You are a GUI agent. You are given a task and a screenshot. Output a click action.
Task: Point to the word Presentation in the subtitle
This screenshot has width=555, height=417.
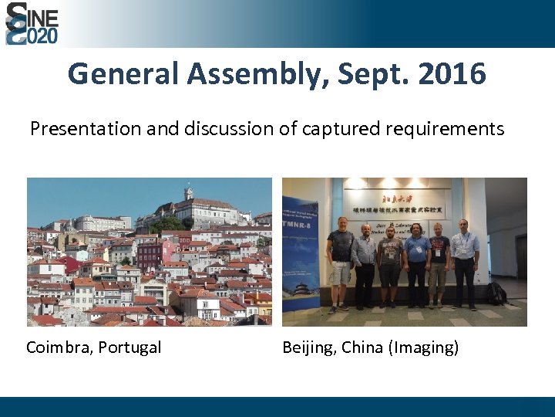coord(86,129)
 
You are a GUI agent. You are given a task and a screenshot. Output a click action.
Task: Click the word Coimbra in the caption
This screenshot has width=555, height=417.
coord(59,347)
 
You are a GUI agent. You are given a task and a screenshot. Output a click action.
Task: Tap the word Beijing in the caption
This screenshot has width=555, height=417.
coord(308,347)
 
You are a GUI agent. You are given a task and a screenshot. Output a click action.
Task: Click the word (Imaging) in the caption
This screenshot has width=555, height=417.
coord(425,347)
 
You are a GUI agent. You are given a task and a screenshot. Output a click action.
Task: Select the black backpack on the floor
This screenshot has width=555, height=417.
coord(496,293)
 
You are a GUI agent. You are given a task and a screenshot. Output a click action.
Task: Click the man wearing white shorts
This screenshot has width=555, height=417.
coord(339,263)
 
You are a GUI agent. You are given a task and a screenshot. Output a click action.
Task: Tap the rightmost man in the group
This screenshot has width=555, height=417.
coord(464,263)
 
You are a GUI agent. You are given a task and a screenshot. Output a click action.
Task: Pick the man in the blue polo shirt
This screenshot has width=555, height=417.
coord(417,263)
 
